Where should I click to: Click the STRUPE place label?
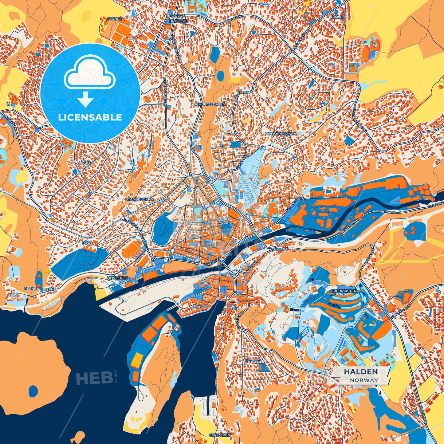[114, 19]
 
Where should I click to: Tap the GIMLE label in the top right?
[337, 17]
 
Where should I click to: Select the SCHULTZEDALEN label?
[209, 104]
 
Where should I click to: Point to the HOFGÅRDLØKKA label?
[281, 134]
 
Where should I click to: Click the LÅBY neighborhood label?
[86, 162]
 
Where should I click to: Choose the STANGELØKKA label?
[139, 199]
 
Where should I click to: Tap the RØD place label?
[86, 243]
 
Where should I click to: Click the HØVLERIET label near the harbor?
[117, 278]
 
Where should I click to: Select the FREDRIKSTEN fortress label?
[344, 290]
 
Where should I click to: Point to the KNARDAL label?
[252, 360]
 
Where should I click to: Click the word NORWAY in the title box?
[364, 380]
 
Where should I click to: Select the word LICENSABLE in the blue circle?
[90, 117]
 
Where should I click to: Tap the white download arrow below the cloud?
[85, 99]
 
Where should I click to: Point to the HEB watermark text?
[94, 378]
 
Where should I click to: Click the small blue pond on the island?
[33, 391]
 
